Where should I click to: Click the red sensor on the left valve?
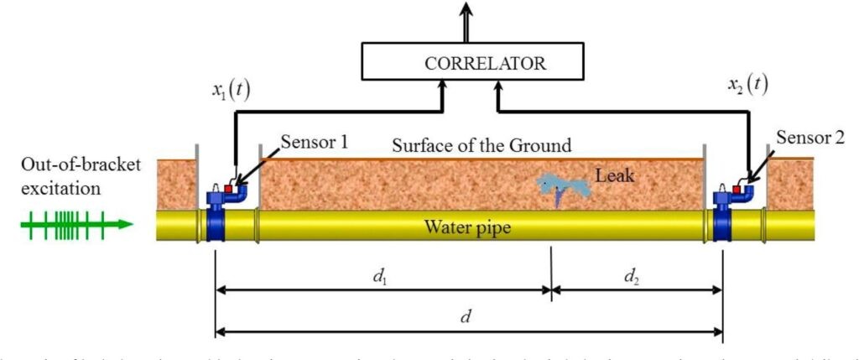point(227,190)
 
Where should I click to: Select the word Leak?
point(614,175)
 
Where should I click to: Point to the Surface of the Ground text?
point(482,145)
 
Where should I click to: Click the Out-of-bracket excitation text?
point(68,175)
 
